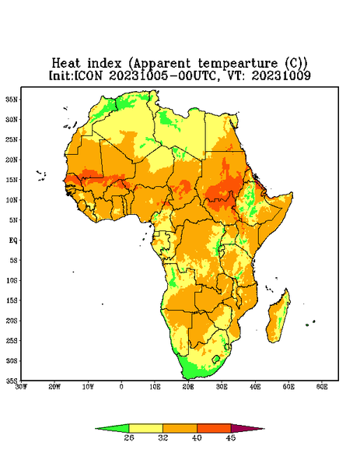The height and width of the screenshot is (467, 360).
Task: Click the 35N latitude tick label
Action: click(12, 99)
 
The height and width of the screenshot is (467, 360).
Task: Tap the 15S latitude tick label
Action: click(12, 300)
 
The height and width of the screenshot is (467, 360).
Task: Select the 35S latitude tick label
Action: click(12, 381)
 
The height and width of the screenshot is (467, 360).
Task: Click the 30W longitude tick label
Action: click(22, 387)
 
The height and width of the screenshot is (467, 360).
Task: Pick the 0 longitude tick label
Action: click(121, 387)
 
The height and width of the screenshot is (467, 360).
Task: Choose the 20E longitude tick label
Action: click(188, 387)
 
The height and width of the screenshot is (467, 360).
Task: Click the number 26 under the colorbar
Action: click(129, 437)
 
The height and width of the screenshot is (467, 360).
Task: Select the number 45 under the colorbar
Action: click(231, 437)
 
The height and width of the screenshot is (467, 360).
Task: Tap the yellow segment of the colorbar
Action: click(145, 428)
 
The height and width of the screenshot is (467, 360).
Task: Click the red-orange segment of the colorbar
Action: click(214, 428)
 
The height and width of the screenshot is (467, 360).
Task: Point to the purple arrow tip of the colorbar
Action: click(264, 429)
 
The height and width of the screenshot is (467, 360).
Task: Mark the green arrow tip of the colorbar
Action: click(96, 429)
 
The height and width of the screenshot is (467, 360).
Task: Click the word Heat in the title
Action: click(66, 63)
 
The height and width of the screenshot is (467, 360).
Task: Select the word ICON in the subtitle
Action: click(89, 75)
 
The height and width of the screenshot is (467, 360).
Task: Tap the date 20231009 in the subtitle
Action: click(281, 75)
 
